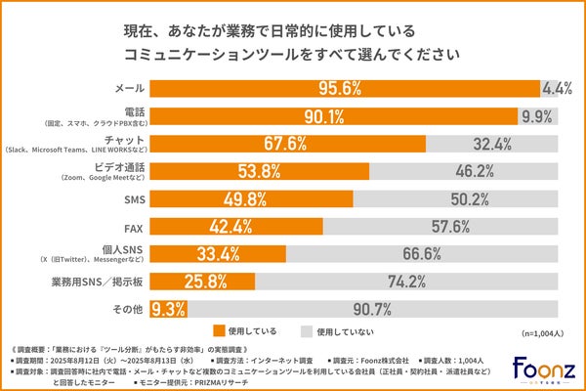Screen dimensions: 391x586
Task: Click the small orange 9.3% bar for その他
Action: click(161, 310)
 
